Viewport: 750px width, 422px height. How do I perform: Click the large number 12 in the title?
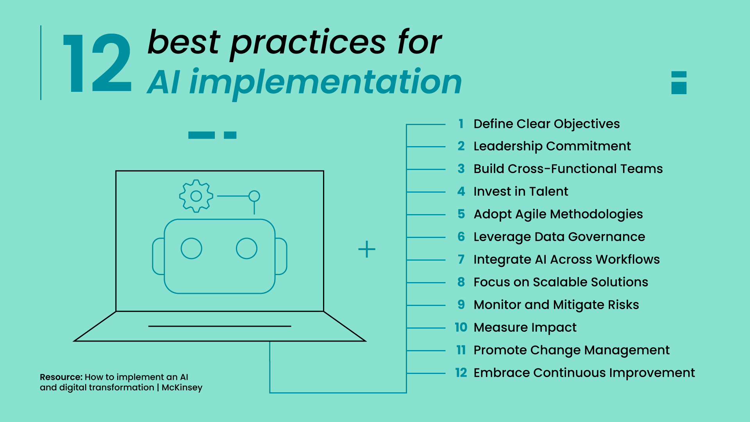pyautogui.click(x=98, y=64)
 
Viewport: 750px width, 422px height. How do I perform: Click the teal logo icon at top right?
pyautogui.click(x=679, y=82)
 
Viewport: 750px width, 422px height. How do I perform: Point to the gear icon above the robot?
pyautogui.click(x=196, y=196)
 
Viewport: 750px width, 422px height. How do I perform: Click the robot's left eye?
pyautogui.click(x=191, y=249)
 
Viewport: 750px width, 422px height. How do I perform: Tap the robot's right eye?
pyautogui.click(x=246, y=249)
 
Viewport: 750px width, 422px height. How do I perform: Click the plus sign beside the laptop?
pyautogui.click(x=367, y=249)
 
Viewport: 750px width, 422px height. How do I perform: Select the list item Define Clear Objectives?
pyautogui.click(x=546, y=124)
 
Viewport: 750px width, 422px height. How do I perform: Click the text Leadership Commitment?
pyautogui.click(x=552, y=146)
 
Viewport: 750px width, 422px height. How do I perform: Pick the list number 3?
pyautogui.click(x=461, y=169)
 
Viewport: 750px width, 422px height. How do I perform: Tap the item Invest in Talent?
pyautogui.click(x=520, y=191)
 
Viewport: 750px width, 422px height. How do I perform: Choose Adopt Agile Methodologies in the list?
pyautogui.click(x=558, y=214)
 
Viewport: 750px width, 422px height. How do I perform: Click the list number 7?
pyautogui.click(x=461, y=259)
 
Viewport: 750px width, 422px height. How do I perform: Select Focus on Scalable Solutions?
pyautogui.click(x=561, y=282)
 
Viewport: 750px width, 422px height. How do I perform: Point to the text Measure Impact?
pyautogui.click(x=525, y=327)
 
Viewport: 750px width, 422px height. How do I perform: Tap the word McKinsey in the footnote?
pyautogui.click(x=182, y=388)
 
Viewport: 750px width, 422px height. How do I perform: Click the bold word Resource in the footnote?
pyautogui.click(x=61, y=377)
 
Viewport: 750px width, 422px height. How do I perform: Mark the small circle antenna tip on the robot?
pyautogui.click(x=254, y=196)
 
